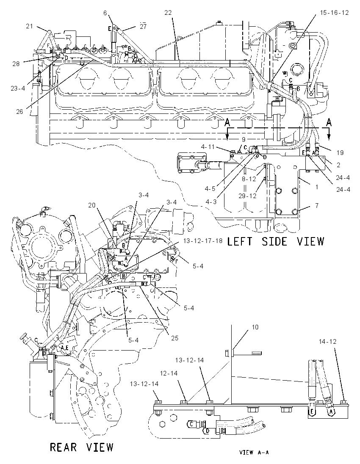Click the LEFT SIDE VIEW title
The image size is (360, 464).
[276, 241]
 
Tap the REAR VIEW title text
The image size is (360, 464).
[81, 447]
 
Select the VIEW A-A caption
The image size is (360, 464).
[254, 453]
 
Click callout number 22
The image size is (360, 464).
[168, 13]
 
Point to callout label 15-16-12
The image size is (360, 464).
[334, 13]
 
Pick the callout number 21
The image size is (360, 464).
[29, 26]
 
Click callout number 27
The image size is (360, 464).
[143, 26]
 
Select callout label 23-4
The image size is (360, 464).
[18, 88]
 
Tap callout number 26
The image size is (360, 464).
[19, 112]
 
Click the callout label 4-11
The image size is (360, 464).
[208, 146]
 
